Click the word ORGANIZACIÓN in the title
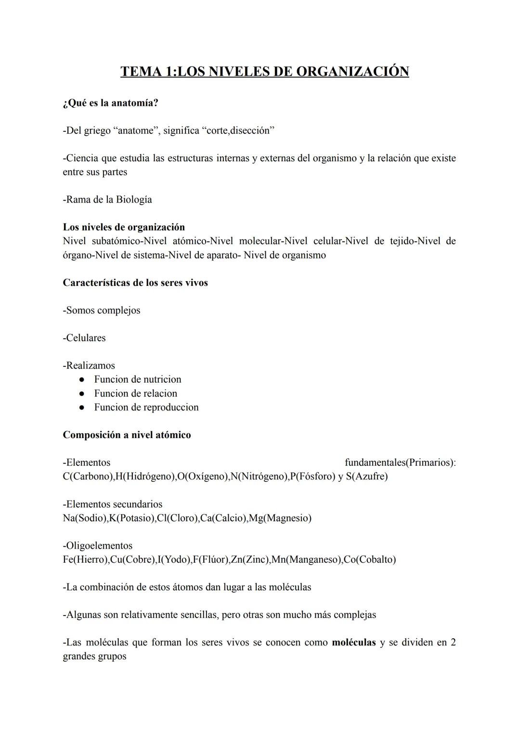(x=352, y=71)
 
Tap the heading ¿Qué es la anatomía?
(x=110, y=103)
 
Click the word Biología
(x=134, y=200)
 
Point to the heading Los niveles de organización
(x=124, y=227)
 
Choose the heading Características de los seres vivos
(x=135, y=283)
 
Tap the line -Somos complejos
(x=102, y=310)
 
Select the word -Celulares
(x=84, y=338)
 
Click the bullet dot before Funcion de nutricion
(x=82, y=380)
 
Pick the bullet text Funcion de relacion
(x=135, y=394)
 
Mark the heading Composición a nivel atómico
(x=127, y=435)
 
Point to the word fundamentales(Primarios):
(x=400, y=463)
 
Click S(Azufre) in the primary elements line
(x=366, y=476)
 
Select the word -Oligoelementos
(x=98, y=546)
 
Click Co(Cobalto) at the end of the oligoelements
(x=370, y=560)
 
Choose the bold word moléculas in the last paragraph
(x=353, y=643)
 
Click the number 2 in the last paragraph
(x=453, y=643)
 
